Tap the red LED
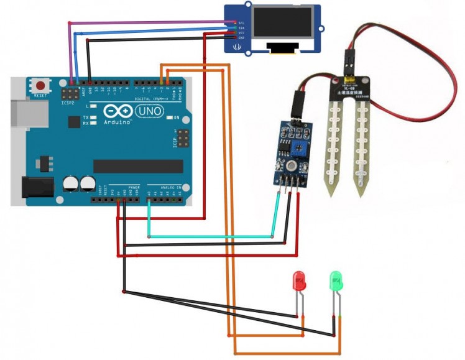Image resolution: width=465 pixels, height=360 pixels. (300, 283)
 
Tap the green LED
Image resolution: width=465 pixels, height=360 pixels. (336, 283)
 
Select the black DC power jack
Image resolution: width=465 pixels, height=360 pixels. (35, 188)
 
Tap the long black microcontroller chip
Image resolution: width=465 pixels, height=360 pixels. (137, 166)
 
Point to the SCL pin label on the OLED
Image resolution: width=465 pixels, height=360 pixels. (242, 23)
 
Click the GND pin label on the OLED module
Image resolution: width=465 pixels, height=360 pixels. (242, 38)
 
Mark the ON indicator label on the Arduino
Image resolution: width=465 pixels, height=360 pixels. (177, 118)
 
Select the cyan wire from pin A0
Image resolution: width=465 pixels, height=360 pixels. (211, 236)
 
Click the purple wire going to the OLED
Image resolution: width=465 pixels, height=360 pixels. (149, 22)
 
